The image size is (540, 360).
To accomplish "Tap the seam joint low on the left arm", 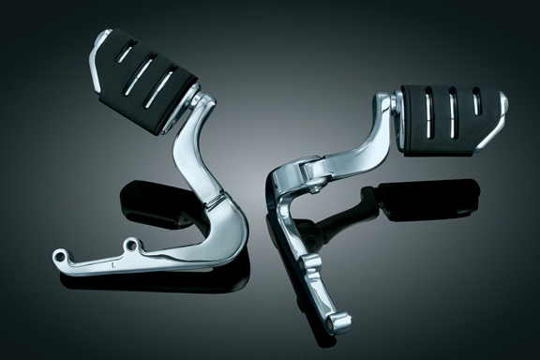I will click(215, 200).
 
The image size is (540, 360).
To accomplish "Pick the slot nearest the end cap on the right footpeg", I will click(472, 114).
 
